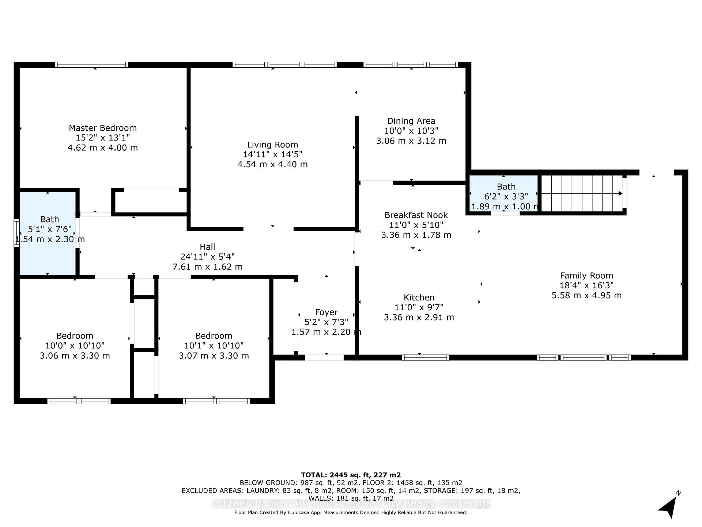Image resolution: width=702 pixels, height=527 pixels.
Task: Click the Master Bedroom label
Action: (x=103, y=128)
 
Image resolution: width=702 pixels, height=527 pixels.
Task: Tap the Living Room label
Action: (x=273, y=145)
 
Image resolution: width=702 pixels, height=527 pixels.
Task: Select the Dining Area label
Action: (x=411, y=121)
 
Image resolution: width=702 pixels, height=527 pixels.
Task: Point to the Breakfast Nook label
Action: (x=416, y=215)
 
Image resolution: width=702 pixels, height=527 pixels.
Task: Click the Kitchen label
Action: (x=419, y=298)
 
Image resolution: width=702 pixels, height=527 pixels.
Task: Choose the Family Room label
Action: (x=586, y=276)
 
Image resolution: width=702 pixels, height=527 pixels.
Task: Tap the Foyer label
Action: (x=327, y=312)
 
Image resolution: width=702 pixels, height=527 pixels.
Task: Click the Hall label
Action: (x=207, y=247)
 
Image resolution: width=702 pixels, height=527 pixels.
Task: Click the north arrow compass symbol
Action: (x=669, y=507)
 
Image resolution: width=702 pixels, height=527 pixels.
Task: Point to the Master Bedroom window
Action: (x=91, y=65)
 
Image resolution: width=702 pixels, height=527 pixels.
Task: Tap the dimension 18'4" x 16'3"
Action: (x=586, y=285)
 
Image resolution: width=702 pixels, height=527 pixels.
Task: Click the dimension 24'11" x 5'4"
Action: (x=207, y=257)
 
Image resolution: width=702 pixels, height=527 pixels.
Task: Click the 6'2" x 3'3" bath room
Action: (x=503, y=193)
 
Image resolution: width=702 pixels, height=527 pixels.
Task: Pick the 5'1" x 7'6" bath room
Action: (x=48, y=233)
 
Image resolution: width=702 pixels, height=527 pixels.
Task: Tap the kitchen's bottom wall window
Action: (x=426, y=358)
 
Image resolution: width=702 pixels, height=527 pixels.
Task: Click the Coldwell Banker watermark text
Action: (x=351, y=504)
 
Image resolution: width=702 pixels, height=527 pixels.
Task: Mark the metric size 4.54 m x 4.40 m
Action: (x=273, y=164)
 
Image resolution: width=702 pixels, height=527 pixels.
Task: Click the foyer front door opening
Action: (x=324, y=358)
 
